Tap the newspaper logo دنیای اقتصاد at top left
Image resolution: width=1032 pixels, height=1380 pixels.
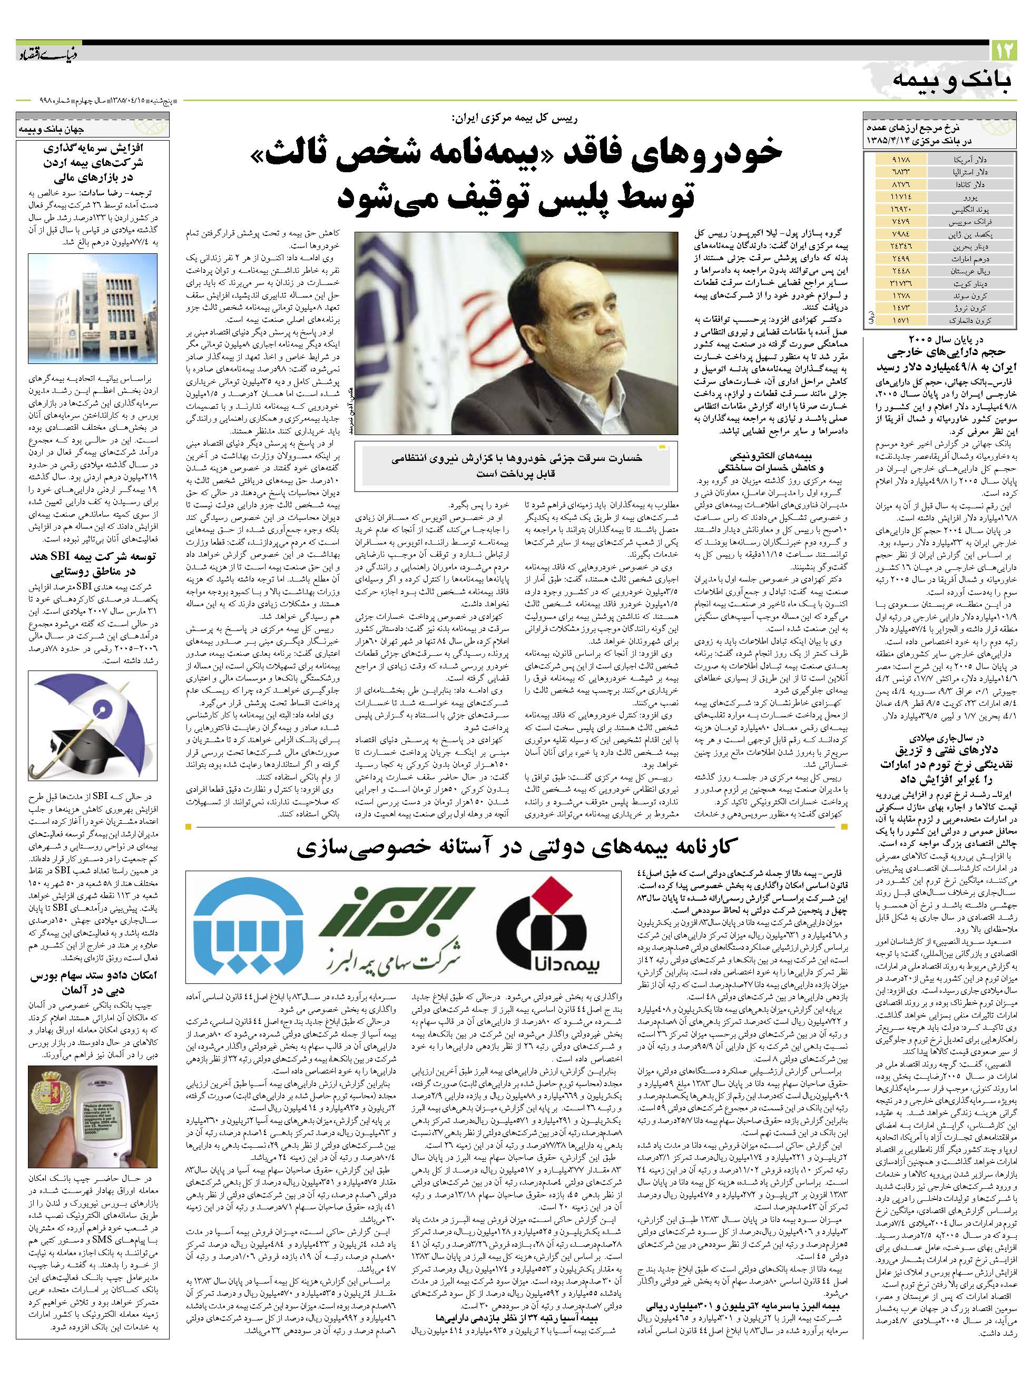[47, 55]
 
